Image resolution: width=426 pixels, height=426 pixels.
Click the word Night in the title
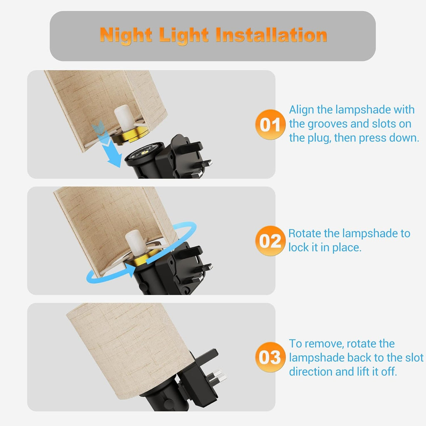[x=126, y=35]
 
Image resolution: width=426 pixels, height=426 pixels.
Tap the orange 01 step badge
[x=270, y=124]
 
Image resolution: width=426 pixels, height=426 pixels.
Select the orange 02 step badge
[x=270, y=241]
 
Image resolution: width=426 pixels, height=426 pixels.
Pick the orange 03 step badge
[x=270, y=357]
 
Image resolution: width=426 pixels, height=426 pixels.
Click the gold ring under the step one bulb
[x=130, y=136]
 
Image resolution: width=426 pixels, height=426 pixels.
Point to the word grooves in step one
[x=328, y=124]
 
